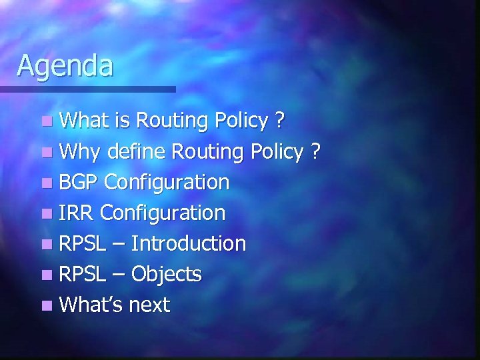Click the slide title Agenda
[x=65, y=65]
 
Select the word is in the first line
[x=121, y=121]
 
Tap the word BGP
[x=79, y=182]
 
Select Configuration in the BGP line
[x=167, y=183]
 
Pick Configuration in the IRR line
[x=163, y=213]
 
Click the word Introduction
[x=189, y=243]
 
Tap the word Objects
[x=166, y=274]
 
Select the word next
[x=149, y=305]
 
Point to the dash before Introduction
[x=119, y=244]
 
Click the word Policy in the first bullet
[x=241, y=121]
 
